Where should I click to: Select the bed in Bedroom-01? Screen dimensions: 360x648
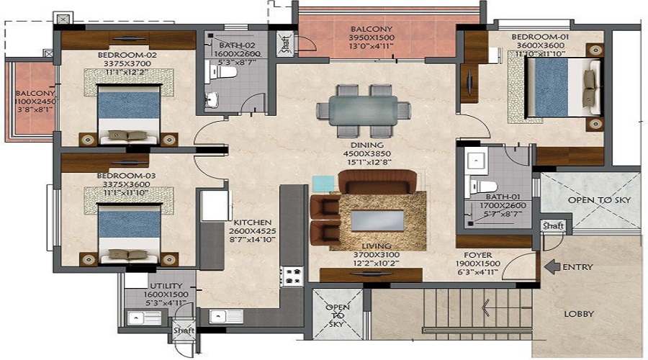point(563,85)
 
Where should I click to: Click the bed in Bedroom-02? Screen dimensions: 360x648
point(129,114)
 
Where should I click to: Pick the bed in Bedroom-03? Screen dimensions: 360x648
point(129,232)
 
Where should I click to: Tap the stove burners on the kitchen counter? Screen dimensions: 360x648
point(293,274)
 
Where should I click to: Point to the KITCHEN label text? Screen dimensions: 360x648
point(252,222)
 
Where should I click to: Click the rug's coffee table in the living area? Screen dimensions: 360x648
point(376,220)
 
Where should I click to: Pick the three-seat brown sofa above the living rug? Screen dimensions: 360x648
point(377,181)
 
